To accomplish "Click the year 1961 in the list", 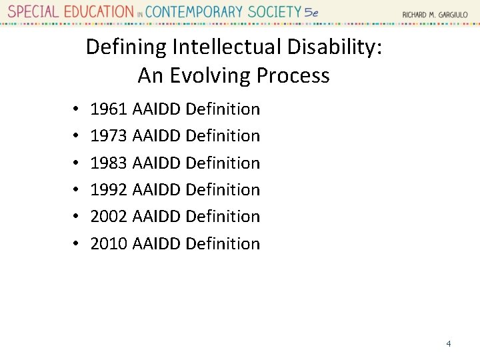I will coord(108,109).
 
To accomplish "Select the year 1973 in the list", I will coord(108,136).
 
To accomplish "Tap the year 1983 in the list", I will coord(108,163).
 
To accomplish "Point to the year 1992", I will coord(108,190).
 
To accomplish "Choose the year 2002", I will coord(108,217).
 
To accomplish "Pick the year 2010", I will coord(108,244).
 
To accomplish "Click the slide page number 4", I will coord(449,344).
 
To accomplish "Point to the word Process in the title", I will coord(293,76).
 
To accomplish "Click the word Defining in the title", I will coord(126,47).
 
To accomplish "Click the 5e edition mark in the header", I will coord(311,13).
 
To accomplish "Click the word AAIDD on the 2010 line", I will coord(157,244).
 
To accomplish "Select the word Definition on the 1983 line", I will coord(223,163).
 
